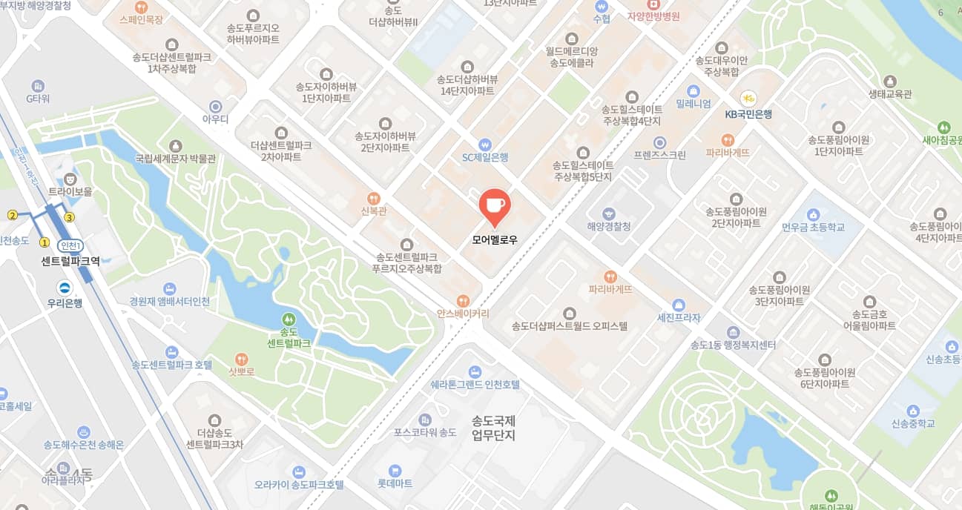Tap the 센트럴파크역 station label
[70, 261]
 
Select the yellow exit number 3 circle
[70, 217]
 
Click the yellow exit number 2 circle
[12, 215]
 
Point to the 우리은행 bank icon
[66, 288]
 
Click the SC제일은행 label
[485, 157]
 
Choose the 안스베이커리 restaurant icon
[463, 300]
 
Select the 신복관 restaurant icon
[375, 198]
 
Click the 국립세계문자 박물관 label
[175, 159]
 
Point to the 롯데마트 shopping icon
[395, 470]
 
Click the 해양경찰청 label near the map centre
[608, 226]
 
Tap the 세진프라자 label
[679, 318]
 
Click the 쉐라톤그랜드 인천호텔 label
[475, 385]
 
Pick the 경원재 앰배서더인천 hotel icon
[170, 288]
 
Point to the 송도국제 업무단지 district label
[493, 428]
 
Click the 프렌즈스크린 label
[659, 156]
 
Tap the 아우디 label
[216, 119]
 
